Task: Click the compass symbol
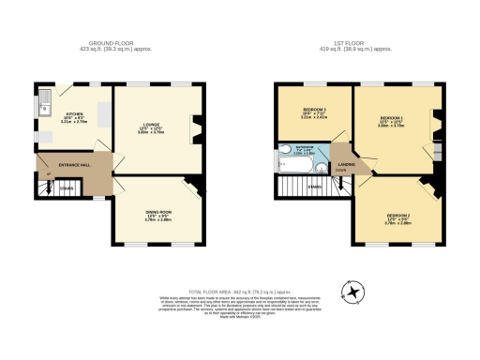pyautogui.click(x=354, y=293)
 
